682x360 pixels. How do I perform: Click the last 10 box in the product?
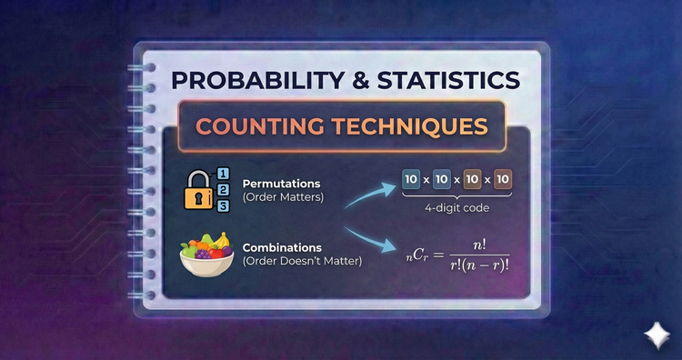click(x=502, y=178)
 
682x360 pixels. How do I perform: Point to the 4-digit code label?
click(x=457, y=208)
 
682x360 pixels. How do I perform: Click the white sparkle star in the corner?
click(x=655, y=335)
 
